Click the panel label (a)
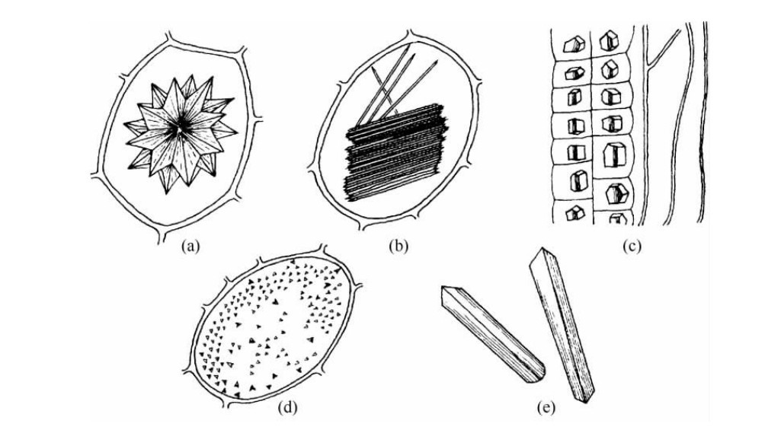point(189,246)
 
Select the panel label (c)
point(629,246)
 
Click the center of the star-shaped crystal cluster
point(180,131)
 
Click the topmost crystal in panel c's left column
point(571,44)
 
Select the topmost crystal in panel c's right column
point(609,43)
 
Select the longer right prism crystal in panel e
point(563,323)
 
